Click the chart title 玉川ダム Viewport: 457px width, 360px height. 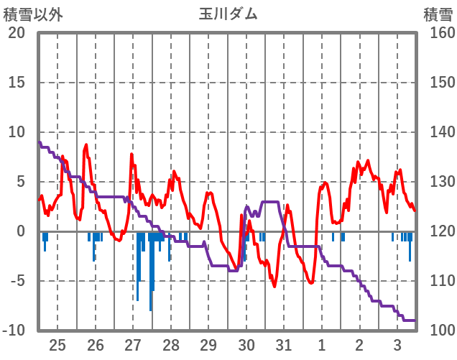(228, 14)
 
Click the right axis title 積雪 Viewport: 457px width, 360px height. (437, 14)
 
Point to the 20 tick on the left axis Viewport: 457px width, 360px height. (17, 33)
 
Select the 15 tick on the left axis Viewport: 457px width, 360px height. (17, 83)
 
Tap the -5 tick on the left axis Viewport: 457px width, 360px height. (17, 281)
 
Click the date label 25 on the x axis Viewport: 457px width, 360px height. (57, 344)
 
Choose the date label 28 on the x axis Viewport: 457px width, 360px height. (171, 344)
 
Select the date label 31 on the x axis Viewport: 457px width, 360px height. (284, 344)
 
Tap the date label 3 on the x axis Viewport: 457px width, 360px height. (397, 344)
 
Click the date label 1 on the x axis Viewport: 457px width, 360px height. (322, 344)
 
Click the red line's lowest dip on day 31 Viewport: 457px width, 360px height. (274, 286)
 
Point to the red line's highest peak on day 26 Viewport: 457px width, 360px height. (86, 144)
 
